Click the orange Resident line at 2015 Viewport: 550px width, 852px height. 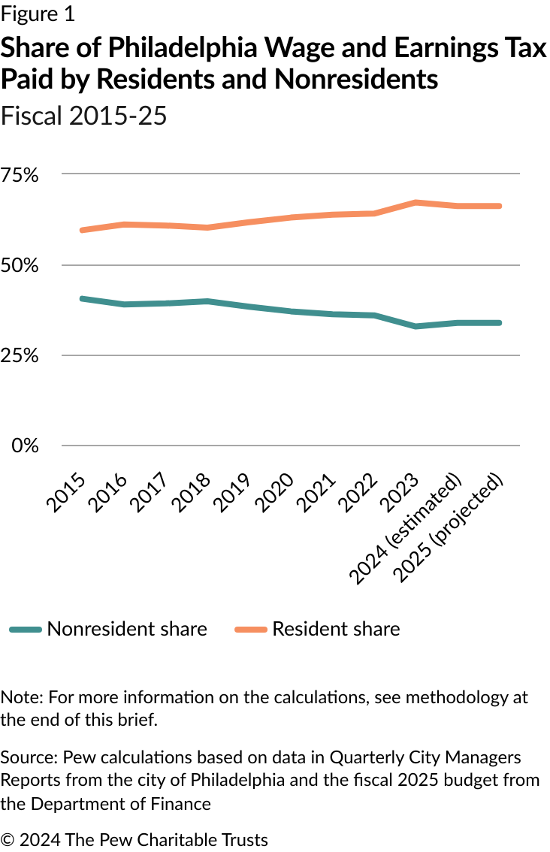(x=81, y=230)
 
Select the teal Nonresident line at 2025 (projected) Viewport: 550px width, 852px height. (x=500, y=323)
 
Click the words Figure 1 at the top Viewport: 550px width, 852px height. (x=38, y=14)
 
